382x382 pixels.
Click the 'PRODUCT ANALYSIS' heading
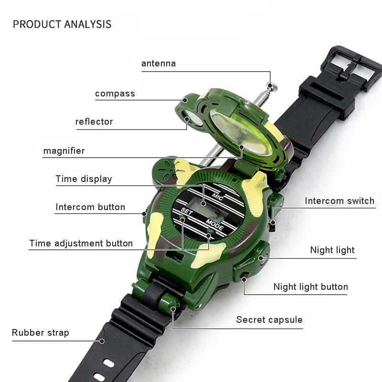point(62,24)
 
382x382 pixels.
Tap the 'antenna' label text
point(159,63)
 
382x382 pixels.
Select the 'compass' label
point(115,94)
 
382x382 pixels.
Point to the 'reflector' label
point(94,121)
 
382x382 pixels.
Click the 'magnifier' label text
point(64,151)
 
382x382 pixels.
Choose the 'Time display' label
point(84,179)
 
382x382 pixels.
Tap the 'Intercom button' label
point(90,207)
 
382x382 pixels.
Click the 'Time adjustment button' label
point(81,243)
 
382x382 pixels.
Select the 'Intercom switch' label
point(340,201)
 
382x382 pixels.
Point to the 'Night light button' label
point(310,287)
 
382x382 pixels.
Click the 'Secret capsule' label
point(269,319)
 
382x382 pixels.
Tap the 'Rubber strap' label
point(41,333)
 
